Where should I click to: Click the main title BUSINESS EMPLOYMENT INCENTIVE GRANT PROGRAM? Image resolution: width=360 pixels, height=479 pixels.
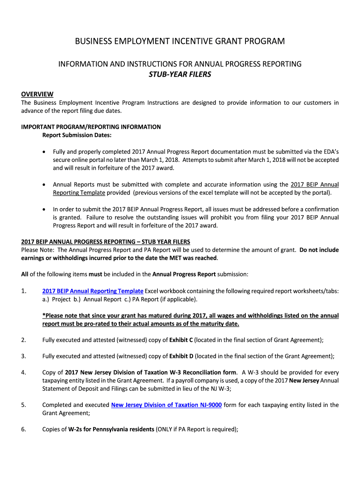[x=180, y=42]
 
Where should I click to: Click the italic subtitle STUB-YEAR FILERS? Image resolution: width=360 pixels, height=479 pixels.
[x=180, y=74]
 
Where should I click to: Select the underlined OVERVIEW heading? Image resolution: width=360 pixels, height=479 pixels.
[x=37, y=94]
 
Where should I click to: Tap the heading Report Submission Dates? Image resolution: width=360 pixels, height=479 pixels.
[x=77, y=135]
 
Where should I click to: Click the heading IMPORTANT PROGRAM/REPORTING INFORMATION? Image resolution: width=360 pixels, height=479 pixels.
[x=91, y=127]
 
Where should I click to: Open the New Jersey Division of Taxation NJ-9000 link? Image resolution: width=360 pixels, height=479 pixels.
[x=166, y=405]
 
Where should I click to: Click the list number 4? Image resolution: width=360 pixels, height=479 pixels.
[x=23, y=372]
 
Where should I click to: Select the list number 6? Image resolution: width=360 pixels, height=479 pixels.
[x=23, y=429]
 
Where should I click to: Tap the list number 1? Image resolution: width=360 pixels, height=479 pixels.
[x=23, y=291]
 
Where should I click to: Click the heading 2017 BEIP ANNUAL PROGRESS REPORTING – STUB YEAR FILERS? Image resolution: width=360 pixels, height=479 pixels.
[x=106, y=242]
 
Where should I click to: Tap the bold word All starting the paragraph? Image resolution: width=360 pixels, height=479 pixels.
[x=25, y=274]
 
